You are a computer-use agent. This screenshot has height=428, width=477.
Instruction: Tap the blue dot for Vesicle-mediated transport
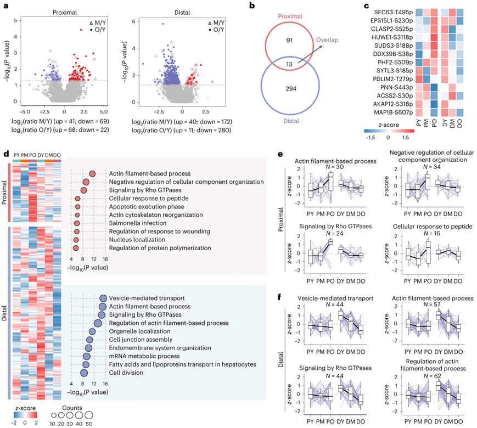(x=102, y=298)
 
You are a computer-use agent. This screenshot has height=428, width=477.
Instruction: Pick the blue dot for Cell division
(x=85, y=373)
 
